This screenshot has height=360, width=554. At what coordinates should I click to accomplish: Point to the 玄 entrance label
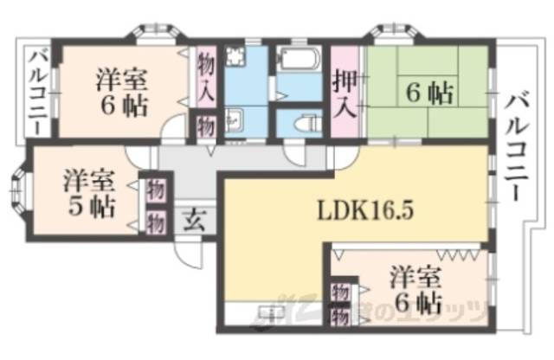click(x=193, y=219)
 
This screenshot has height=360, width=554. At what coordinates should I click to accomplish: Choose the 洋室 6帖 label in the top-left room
click(x=119, y=93)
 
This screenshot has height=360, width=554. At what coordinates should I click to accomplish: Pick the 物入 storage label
click(x=205, y=76)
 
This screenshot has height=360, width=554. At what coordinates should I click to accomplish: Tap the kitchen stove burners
click(x=235, y=57)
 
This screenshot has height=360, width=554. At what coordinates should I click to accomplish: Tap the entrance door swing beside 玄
click(x=185, y=252)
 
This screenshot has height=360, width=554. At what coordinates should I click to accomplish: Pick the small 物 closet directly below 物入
click(x=205, y=125)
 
